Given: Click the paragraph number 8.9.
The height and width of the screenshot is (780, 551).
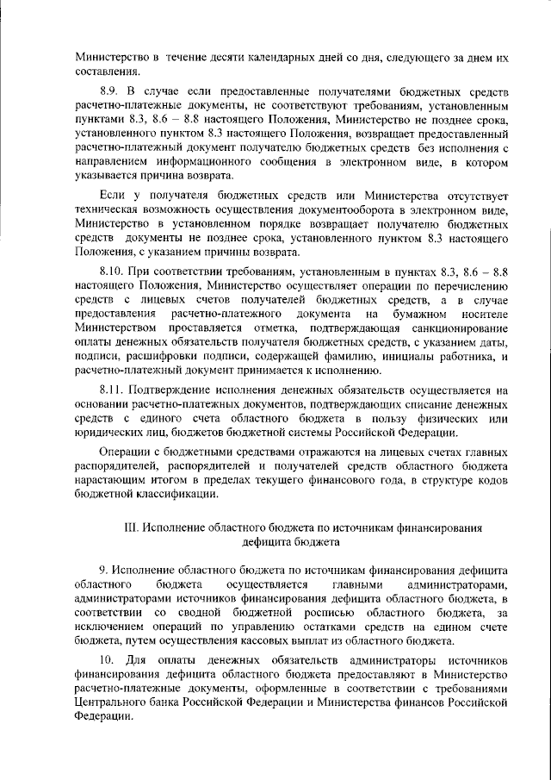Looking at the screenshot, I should coord(110,90).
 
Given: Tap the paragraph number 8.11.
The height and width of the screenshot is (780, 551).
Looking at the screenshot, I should coord(113,390).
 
